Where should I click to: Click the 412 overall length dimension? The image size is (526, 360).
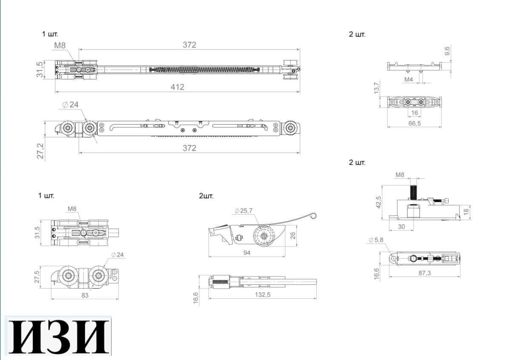pyautogui.click(x=177, y=87)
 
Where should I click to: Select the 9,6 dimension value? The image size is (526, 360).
pyautogui.click(x=447, y=51)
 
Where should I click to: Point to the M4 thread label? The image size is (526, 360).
pyautogui.click(x=408, y=79)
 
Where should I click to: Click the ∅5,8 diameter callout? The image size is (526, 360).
pyautogui.click(x=377, y=241)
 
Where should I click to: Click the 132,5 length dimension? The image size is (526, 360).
pyautogui.click(x=262, y=295)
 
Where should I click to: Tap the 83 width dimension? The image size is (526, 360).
pyautogui.click(x=85, y=295)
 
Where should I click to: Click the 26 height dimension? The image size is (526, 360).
pyautogui.click(x=293, y=235)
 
